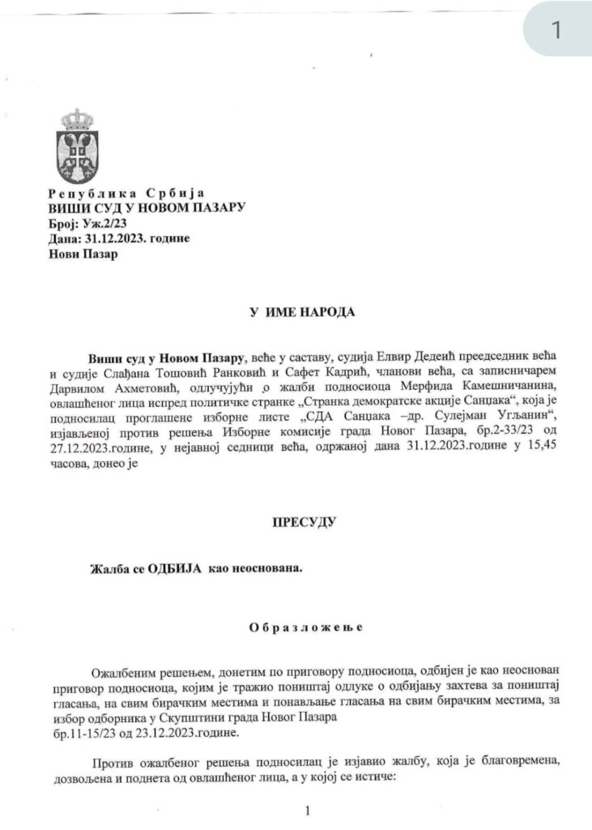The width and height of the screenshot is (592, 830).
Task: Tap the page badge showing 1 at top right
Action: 556,30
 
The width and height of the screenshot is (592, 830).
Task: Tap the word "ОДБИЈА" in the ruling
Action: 176,570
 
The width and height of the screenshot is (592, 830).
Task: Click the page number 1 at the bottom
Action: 308,811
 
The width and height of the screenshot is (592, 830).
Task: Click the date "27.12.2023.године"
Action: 90,451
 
